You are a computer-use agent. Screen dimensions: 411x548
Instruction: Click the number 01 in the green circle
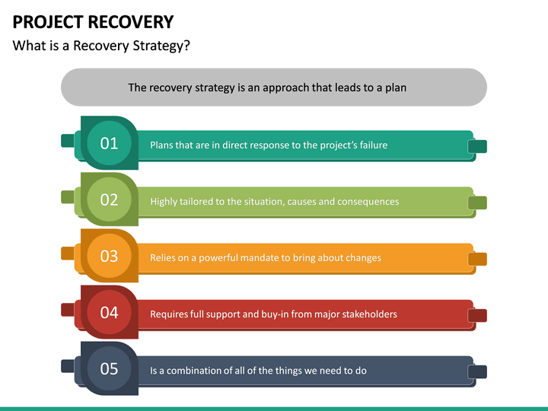coord(109,143)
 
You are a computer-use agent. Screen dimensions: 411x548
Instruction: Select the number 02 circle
coord(109,199)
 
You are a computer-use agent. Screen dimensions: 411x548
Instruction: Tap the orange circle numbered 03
coord(109,256)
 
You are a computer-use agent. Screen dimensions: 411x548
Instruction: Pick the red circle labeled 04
coord(109,312)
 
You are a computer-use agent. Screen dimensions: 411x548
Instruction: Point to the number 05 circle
coord(109,368)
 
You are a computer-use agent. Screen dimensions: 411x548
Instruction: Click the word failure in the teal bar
coord(368,145)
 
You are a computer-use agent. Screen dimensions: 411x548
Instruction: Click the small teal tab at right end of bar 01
coord(477,146)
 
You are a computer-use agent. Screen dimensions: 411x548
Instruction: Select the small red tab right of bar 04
coord(477,315)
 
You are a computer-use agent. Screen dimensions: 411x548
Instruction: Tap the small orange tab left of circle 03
coord(68,253)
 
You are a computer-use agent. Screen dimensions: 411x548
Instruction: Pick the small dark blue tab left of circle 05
coord(68,365)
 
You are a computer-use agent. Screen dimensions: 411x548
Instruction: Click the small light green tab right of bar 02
coord(477,202)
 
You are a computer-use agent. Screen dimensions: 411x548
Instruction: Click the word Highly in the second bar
coord(164,202)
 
